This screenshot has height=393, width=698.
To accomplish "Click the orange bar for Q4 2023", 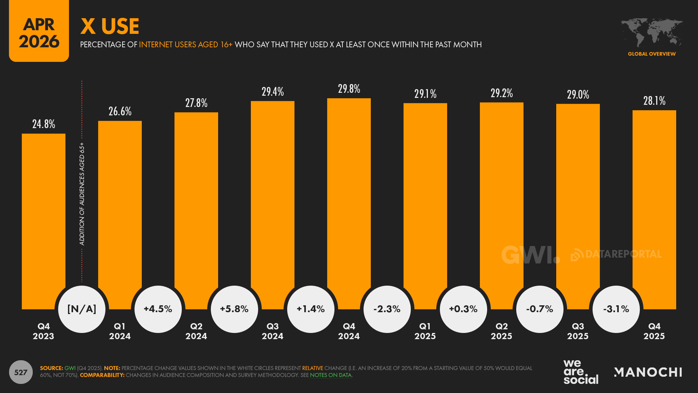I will (x=44, y=218).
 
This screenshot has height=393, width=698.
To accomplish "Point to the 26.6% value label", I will (x=120, y=111).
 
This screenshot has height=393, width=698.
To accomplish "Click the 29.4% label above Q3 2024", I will (x=273, y=92).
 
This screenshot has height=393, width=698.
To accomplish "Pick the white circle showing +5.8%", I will (x=234, y=309).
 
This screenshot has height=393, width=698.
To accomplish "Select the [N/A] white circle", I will (x=82, y=309).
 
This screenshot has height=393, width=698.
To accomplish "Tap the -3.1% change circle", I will (x=616, y=309).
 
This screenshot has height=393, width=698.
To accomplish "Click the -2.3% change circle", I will (x=387, y=309).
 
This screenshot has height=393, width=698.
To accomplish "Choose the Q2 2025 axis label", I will (x=502, y=331).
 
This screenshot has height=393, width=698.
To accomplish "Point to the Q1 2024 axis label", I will (x=120, y=331).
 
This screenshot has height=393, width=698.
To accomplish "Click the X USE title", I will (x=110, y=26).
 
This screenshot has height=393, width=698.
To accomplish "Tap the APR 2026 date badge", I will (x=39, y=32).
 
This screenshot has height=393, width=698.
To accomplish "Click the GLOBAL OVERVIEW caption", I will (x=652, y=54).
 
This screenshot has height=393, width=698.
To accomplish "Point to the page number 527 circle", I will (x=21, y=372).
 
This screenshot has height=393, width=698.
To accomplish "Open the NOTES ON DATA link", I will (x=331, y=375).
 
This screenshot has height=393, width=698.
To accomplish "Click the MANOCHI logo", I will (x=648, y=372).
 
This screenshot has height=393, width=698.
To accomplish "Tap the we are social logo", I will (x=581, y=372).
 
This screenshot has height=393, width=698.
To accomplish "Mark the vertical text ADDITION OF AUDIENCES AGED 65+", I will (x=82, y=194).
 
